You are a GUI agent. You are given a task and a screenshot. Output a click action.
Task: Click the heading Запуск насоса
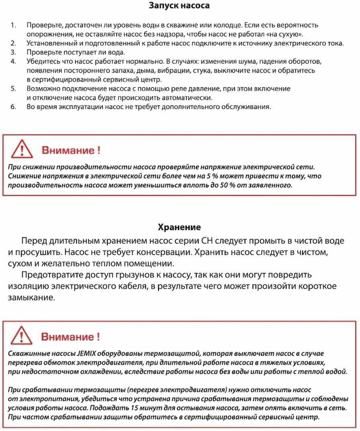(x=179, y=6)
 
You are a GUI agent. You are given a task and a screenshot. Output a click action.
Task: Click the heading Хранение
(x=179, y=227)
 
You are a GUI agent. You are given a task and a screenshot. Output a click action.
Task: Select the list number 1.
(x=14, y=26)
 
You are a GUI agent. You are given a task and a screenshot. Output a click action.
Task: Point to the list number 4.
(x=14, y=61)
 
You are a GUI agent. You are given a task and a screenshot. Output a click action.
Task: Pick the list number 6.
(x=14, y=107)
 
